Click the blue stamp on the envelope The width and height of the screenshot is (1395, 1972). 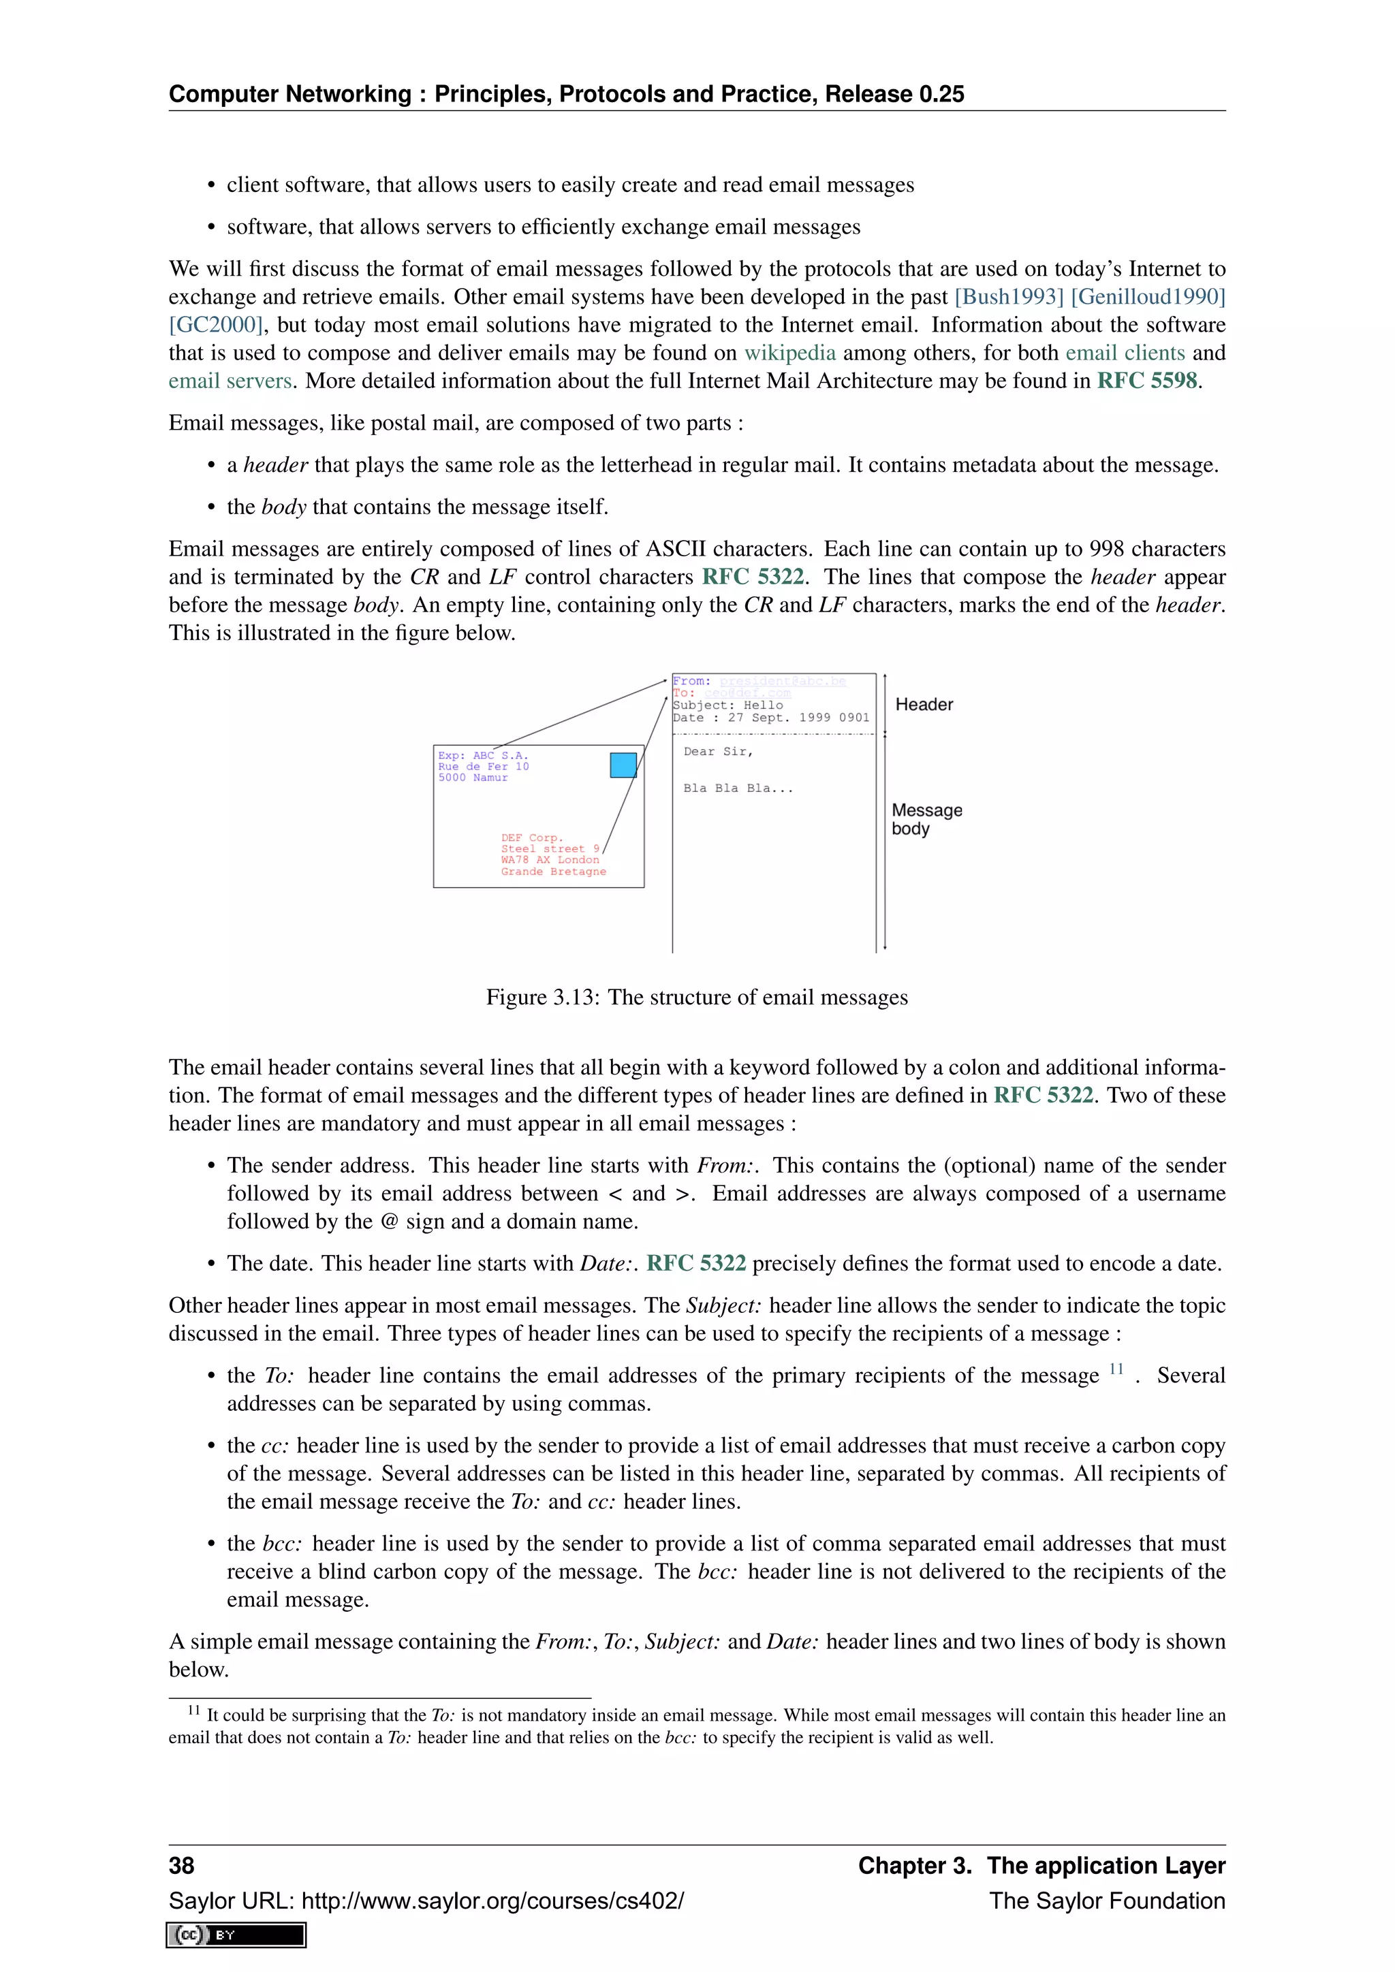[623, 765]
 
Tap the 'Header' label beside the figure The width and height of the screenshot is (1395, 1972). [924, 704]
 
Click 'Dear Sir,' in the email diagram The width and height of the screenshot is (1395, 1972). [718, 752]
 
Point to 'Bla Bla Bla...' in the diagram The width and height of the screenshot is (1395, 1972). [738, 788]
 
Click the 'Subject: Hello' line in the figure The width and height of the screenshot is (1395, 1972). [727, 705]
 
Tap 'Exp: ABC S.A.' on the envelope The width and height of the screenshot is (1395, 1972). [483, 756]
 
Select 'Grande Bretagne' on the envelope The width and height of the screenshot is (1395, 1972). [553, 871]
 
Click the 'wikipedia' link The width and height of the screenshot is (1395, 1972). [789, 352]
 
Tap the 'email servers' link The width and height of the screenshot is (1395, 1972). [230, 381]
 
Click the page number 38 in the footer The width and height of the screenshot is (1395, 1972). [181, 1866]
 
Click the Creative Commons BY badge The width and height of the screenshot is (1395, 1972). [236, 1935]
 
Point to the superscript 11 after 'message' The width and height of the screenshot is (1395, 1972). [1116, 1369]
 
